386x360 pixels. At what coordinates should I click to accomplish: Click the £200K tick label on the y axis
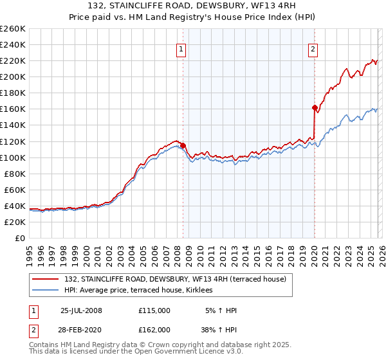click(13, 76)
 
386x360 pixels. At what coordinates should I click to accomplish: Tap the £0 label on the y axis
click(20, 238)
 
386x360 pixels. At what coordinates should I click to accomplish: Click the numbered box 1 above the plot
click(181, 50)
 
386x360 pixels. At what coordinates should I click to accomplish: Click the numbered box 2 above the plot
click(313, 50)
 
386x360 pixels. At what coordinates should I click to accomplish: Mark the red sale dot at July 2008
click(183, 145)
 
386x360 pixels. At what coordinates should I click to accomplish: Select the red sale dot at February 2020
click(315, 107)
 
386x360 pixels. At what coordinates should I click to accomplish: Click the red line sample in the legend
click(46, 278)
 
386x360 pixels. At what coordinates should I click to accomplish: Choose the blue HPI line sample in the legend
click(46, 291)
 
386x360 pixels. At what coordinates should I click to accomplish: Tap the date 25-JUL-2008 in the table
click(81, 310)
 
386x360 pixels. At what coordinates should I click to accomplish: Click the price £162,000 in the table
click(154, 329)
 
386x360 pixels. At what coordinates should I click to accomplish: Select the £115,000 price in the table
click(154, 310)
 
